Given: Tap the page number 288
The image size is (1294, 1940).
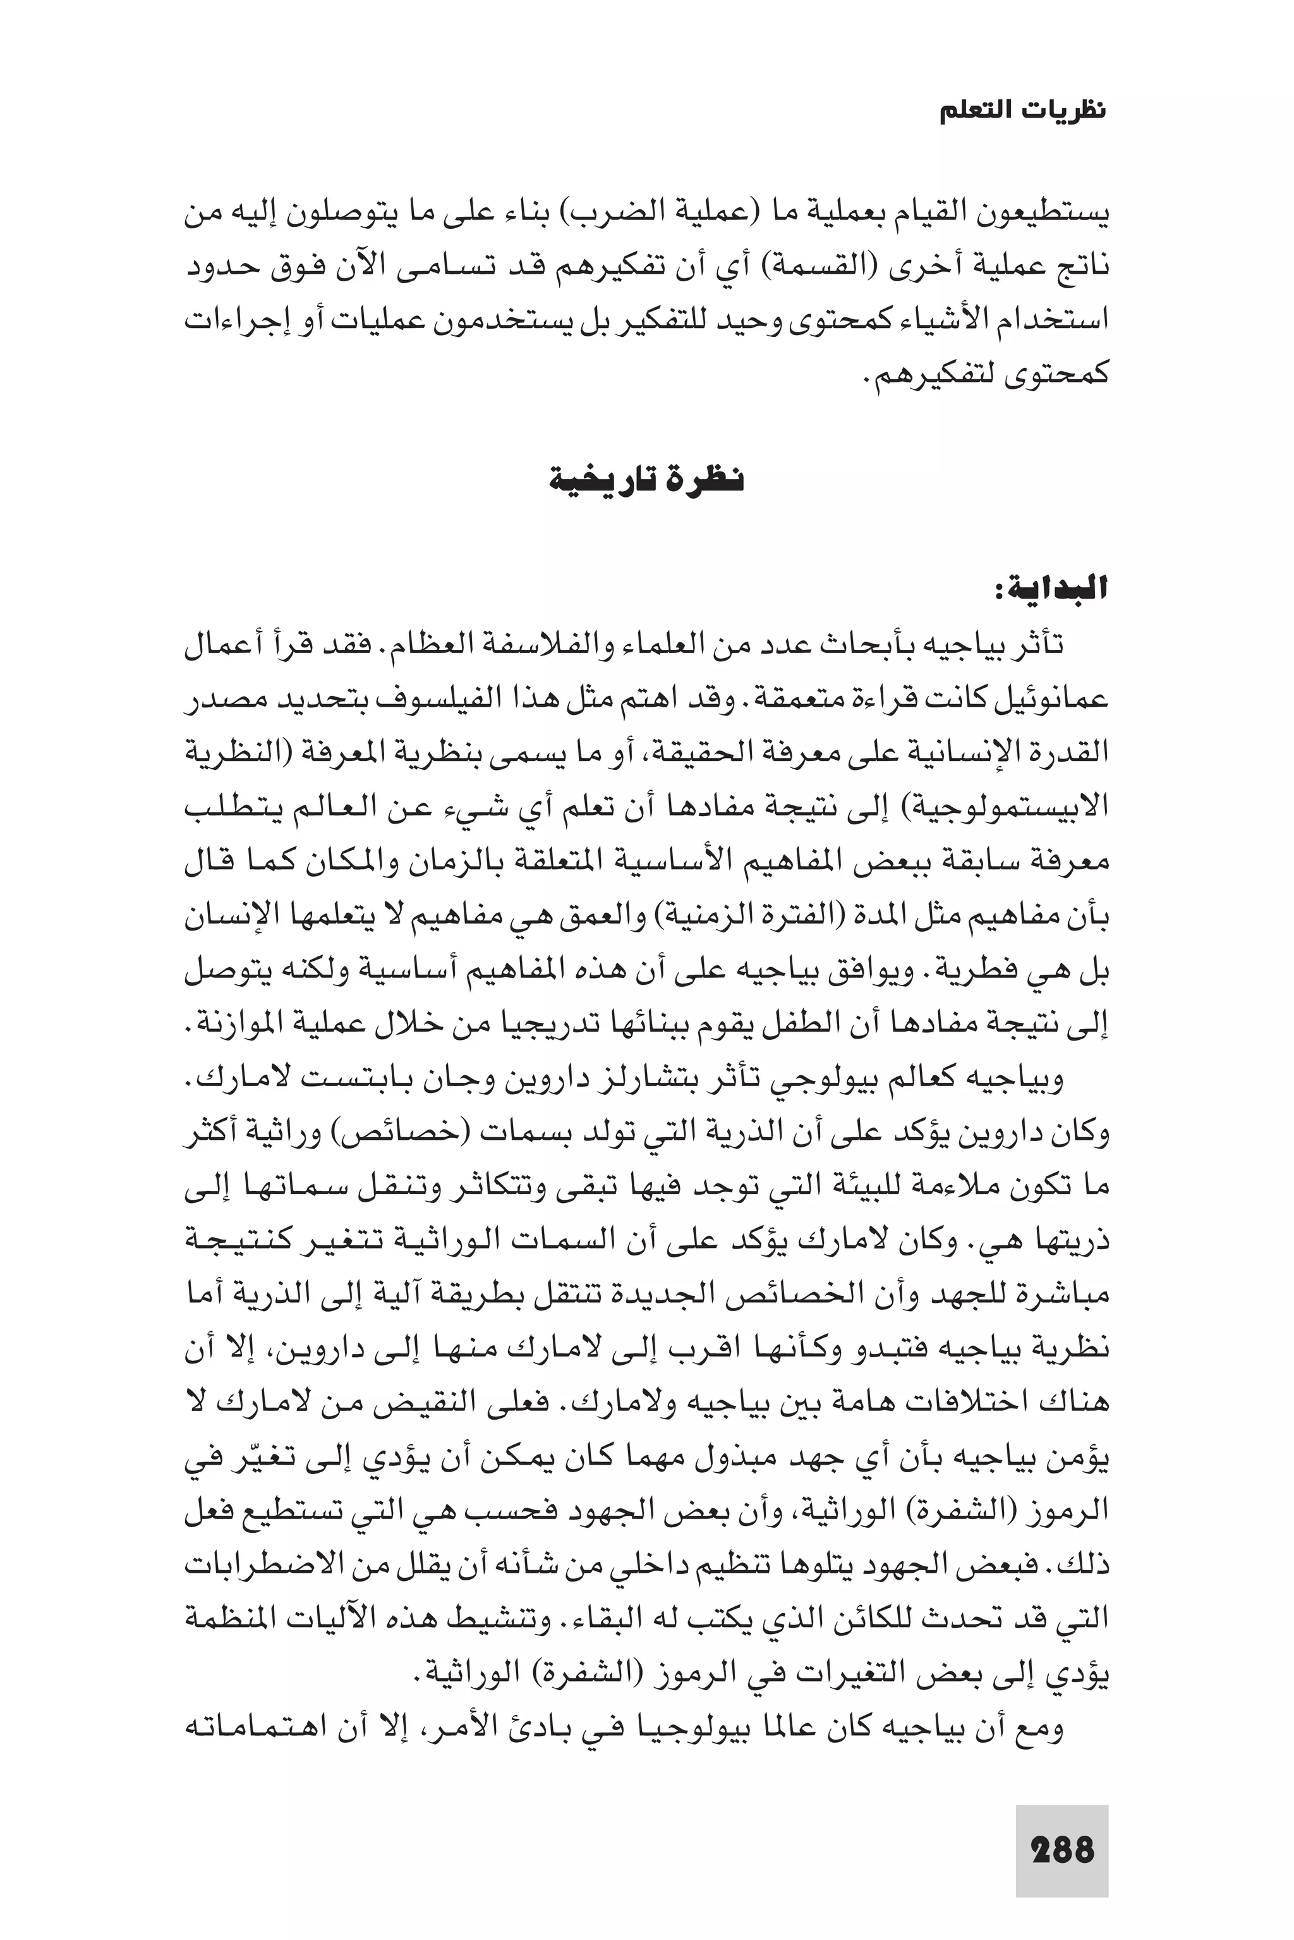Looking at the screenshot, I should tap(1062, 1850).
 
